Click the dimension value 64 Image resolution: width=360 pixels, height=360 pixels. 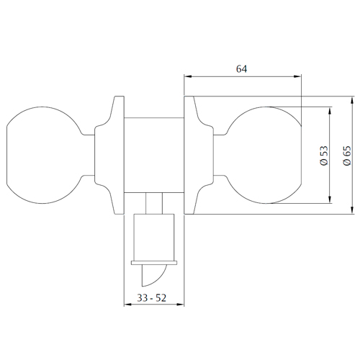[x=241, y=69]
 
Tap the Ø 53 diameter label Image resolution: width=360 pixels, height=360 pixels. [x=324, y=156]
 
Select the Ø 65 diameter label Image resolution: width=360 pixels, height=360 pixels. [x=347, y=156]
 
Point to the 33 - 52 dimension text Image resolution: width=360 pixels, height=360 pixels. [x=151, y=298]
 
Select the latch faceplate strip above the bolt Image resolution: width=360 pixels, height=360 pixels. [x=154, y=263]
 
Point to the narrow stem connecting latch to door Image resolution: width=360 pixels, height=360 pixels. [x=154, y=203]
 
